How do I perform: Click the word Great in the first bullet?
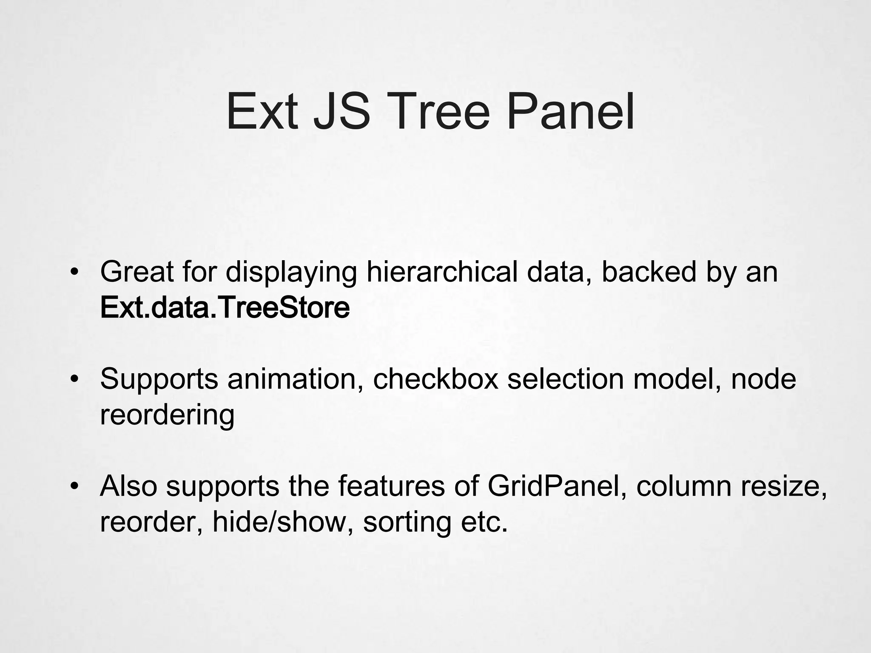[x=137, y=272]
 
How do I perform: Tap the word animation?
[x=295, y=379]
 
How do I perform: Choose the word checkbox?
[x=435, y=379]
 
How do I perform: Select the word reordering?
[x=167, y=415]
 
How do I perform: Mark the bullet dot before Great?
[x=75, y=273]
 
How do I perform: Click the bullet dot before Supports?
[x=75, y=380]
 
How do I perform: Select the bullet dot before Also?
[x=75, y=487]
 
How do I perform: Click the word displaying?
[x=291, y=272]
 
